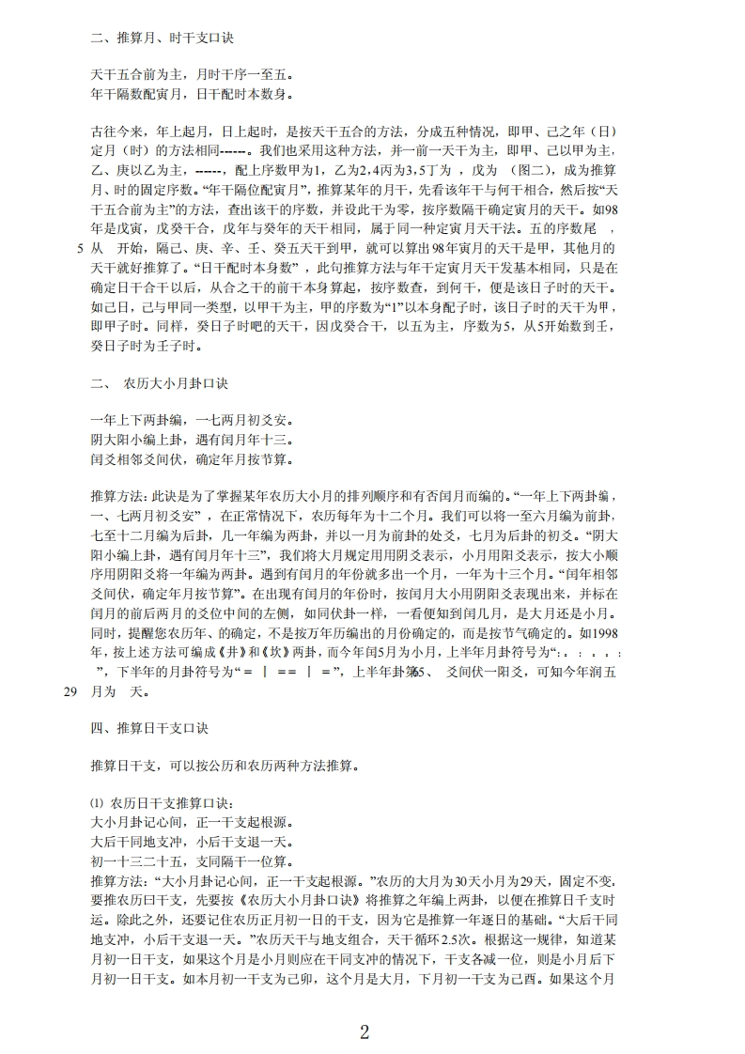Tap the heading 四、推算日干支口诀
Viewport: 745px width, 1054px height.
(x=148, y=729)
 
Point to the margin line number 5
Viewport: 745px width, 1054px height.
(x=77, y=250)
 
